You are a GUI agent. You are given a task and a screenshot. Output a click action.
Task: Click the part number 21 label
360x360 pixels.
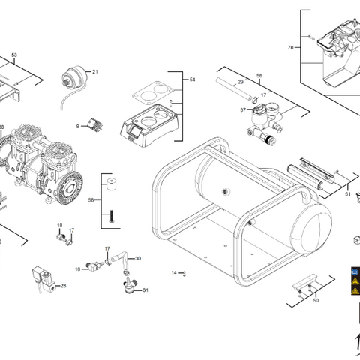(95, 71)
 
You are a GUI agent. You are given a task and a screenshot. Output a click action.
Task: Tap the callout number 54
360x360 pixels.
(192, 79)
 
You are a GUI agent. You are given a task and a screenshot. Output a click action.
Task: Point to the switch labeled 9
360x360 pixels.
(95, 124)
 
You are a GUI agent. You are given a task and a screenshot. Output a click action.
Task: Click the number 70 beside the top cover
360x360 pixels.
(290, 47)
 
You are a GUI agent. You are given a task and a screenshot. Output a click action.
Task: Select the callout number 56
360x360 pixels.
(259, 76)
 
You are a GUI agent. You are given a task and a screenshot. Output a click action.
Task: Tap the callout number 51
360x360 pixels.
(348, 193)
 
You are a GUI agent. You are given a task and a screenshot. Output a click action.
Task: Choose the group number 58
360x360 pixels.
(91, 201)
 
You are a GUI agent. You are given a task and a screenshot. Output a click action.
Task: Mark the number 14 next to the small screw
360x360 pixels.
(173, 272)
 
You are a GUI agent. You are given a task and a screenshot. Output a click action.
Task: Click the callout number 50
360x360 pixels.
(316, 301)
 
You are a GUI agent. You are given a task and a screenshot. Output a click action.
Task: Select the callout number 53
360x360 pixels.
(13, 55)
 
